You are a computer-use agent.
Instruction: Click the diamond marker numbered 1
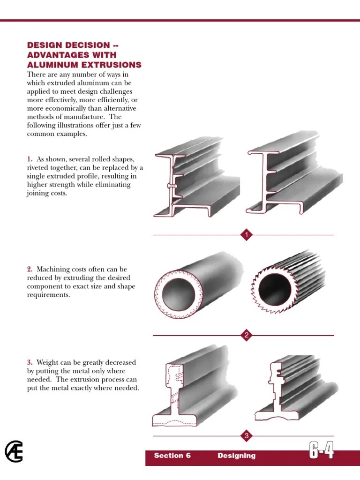coord(247,235)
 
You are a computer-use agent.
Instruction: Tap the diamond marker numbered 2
coord(247,335)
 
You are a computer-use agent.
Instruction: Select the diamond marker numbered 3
coord(247,436)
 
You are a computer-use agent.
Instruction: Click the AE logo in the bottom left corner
coord(14,452)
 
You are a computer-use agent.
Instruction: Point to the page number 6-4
coord(322,451)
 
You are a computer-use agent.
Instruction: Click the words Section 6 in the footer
coord(172,456)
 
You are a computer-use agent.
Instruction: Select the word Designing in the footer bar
coord(237,456)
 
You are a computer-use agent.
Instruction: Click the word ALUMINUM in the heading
coord(48,65)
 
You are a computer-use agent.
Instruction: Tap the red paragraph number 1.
coord(30,159)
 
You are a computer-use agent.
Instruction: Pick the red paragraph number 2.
coord(30,269)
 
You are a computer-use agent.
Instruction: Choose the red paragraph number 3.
coord(30,362)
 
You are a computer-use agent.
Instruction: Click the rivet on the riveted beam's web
coord(172,186)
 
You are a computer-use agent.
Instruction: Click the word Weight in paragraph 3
coord(47,362)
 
